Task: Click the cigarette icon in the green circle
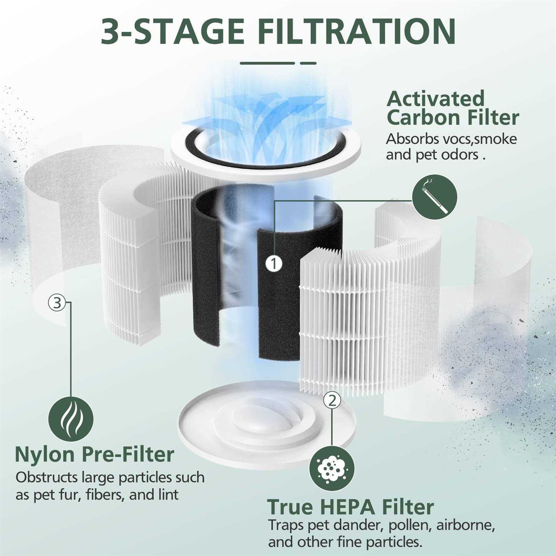[435, 197]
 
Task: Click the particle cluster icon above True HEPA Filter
[332, 469]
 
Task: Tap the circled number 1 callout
[274, 264]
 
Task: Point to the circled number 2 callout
[332, 400]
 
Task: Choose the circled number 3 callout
[57, 303]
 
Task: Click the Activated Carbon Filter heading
[452, 108]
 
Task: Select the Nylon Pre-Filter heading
[95, 454]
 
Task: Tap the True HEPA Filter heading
[350, 507]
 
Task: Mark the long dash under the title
[267, 63]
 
